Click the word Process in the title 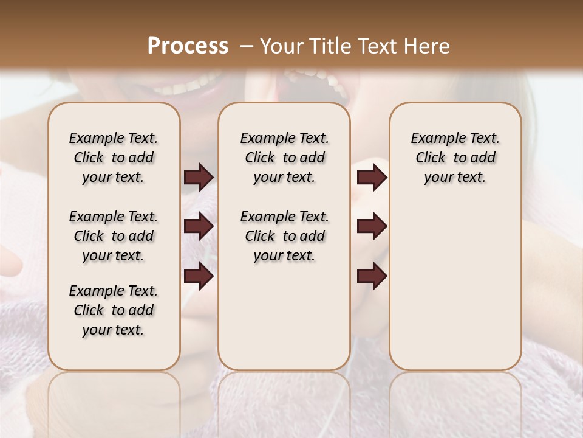click(x=188, y=46)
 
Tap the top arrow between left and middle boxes click(x=199, y=178)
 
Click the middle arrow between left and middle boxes click(x=199, y=227)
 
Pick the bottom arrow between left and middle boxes click(x=199, y=276)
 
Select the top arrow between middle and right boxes click(x=372, y=178)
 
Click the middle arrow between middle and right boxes click(x=372, y=227)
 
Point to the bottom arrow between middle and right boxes click(x=372, y=276)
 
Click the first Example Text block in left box click(x=114, y=158)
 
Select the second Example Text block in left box click(x=114, y=236)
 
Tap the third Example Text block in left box click(x=114, y=310)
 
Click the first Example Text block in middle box click(x=284, y=158)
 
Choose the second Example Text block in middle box click(x=284, y=236)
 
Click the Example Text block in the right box click(x=455, y=158)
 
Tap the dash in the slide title click(x=246, y=46)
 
